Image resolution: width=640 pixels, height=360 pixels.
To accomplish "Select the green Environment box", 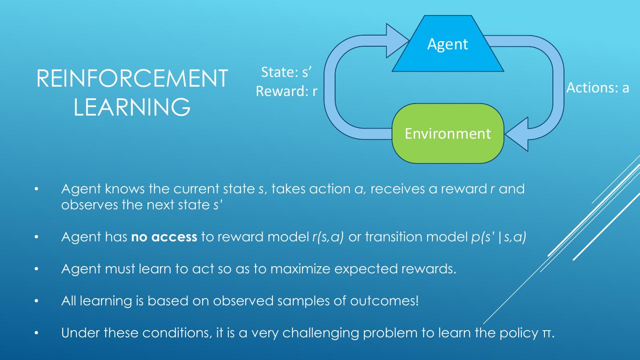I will coord(448,133).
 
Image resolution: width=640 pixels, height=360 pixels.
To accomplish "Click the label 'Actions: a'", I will coord(598,88).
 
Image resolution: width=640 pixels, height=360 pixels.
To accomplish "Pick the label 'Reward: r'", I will coord(287,91).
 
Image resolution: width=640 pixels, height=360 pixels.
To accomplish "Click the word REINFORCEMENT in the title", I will coord(132,78).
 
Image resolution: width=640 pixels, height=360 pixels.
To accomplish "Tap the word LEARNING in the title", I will coord(132,107).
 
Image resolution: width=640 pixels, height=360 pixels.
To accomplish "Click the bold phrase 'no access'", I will coord(164,237).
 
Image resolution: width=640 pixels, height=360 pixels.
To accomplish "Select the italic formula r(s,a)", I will coord(328,237).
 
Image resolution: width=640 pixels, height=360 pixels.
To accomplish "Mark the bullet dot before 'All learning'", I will coord(37,301).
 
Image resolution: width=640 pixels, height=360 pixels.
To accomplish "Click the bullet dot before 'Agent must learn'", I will coord(37,269).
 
